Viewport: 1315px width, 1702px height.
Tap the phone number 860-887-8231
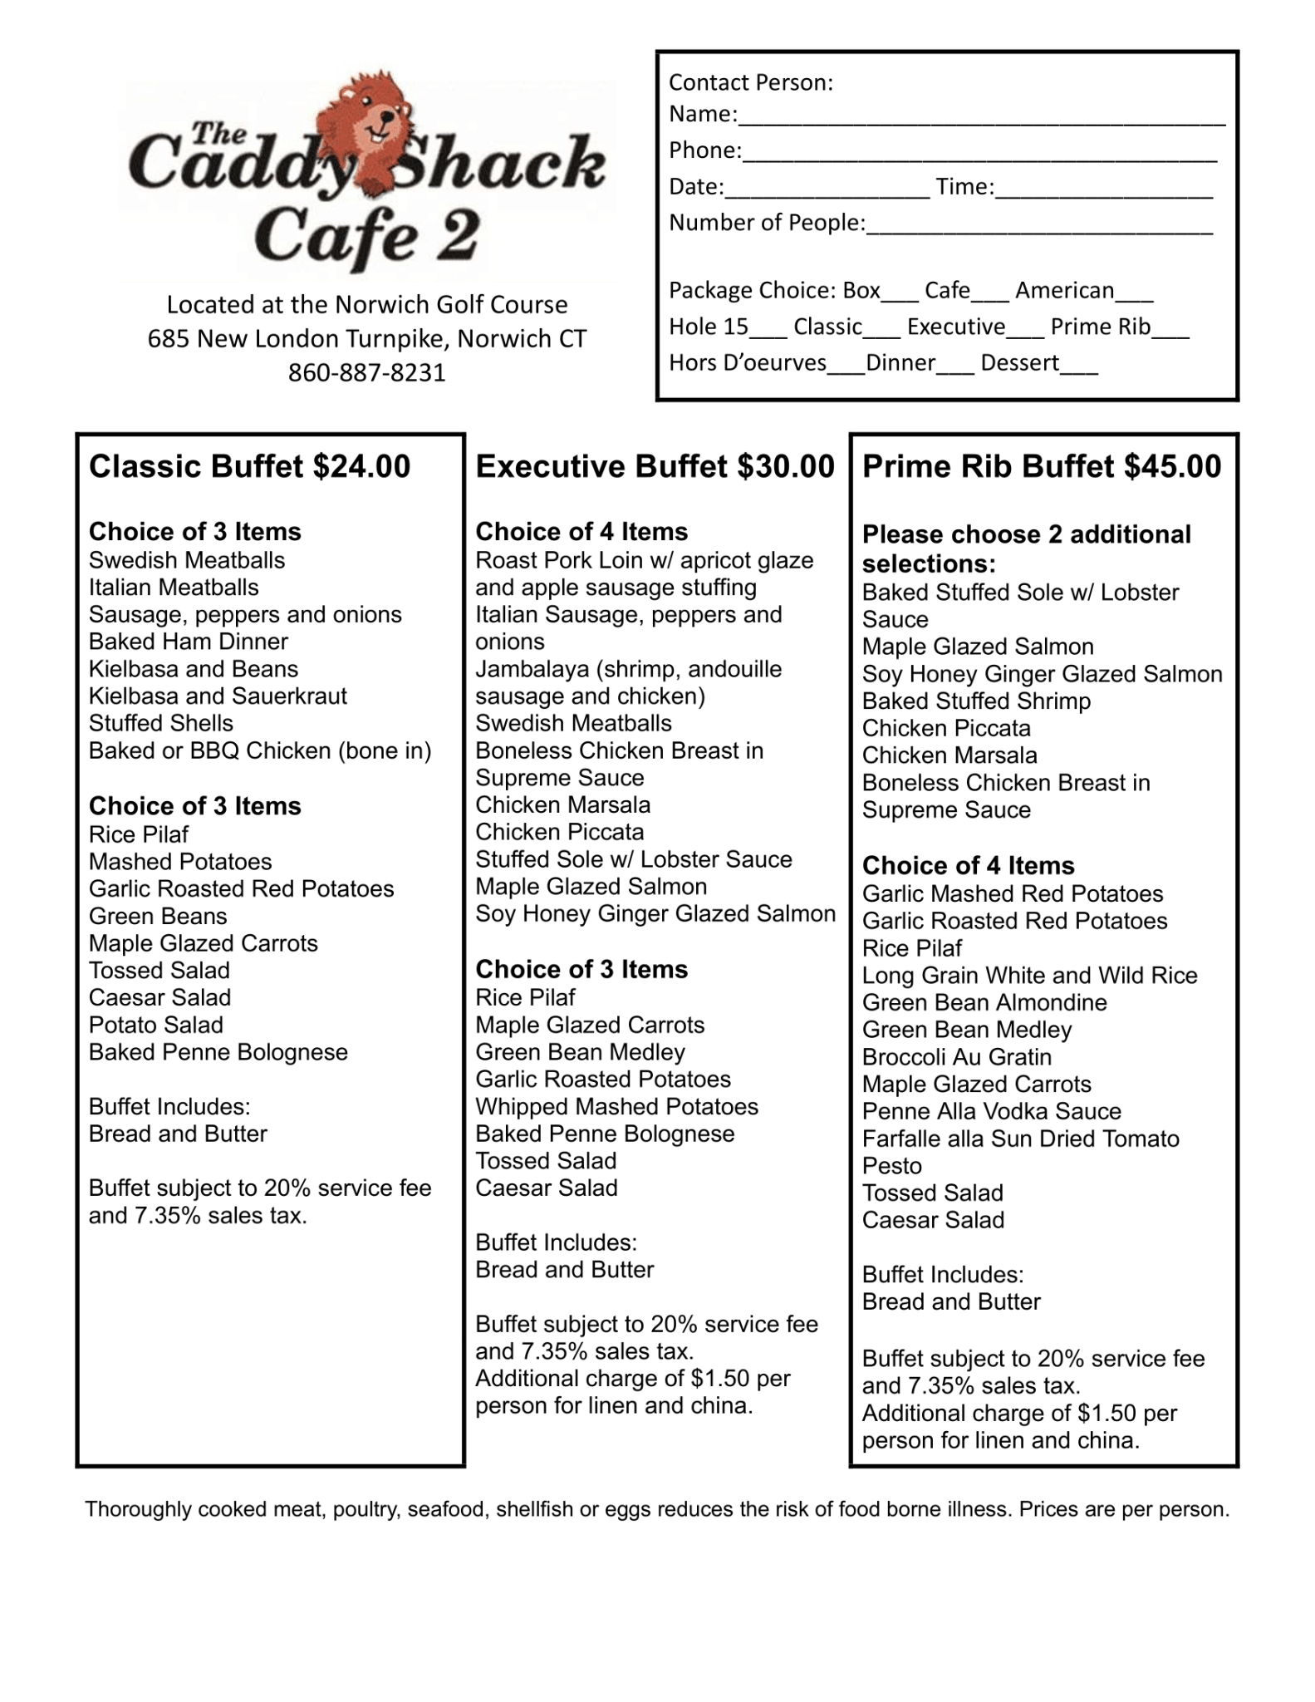[366, 372]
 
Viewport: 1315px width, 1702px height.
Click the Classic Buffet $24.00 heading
[249, 466]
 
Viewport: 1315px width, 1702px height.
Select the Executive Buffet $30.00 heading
[655, 466]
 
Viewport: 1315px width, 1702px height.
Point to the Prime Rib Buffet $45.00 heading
[1042, 466]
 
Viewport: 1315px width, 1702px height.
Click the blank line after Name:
[981, 116]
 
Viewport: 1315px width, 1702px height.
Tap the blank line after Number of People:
[1038, 226]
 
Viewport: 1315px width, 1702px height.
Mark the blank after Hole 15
[768, 330]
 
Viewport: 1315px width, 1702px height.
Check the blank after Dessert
[1079, 366]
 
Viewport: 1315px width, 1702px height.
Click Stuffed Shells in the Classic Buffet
[161, 723]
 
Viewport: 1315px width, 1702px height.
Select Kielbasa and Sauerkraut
[218, 696]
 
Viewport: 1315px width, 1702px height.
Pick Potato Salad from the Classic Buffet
[156, 1025]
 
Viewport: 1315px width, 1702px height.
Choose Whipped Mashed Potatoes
[616, 1106]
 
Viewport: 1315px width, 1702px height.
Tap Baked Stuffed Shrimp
[976, 701]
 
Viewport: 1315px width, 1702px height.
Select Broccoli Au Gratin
[957, 1056]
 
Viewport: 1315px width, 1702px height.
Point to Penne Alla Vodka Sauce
[991, 1111]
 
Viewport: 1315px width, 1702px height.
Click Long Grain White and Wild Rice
[1029, 975]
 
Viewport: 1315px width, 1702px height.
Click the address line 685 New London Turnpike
[366, 339]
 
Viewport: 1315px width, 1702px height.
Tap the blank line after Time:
[1104, 190]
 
